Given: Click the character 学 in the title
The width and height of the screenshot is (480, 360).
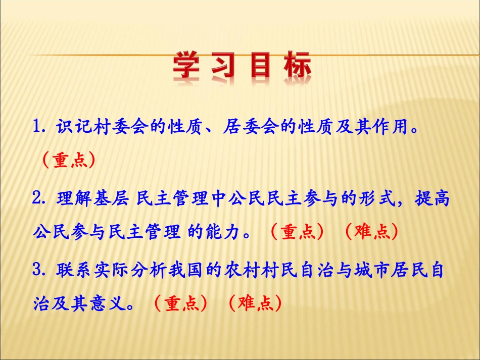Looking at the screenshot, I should (191, 66).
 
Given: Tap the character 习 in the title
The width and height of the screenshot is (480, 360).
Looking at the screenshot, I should (224, 66).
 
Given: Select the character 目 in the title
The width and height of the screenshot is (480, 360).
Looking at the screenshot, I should (260, 66).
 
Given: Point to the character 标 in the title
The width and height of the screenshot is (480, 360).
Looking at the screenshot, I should (296, 66).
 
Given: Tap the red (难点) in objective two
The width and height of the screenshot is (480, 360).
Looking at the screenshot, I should (370, 232).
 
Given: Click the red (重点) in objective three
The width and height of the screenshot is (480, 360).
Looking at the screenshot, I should (180, 304).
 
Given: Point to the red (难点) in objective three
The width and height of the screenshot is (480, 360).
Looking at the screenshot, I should (254, 304).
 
